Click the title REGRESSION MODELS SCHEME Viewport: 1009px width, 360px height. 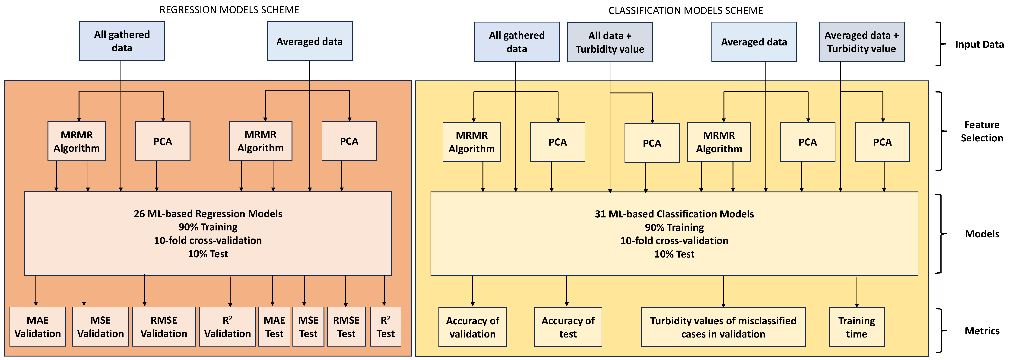coord(229,10)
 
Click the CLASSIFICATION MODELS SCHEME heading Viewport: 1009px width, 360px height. coord(685,11)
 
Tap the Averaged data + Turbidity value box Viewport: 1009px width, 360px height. coord(861,42)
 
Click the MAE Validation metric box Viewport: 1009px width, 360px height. coord(38,327)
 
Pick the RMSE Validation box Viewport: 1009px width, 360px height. coord(164,327)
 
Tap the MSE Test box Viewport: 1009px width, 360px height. coord(308,327)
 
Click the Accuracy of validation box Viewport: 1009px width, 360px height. coord(472,327)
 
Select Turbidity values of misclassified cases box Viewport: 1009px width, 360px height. coord(723,327)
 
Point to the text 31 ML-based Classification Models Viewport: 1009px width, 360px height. coord(674,214)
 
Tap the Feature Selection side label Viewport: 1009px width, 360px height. coord(982,131)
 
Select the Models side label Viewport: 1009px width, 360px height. coord(982,234)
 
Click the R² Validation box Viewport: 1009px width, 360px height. coord(228,327)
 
